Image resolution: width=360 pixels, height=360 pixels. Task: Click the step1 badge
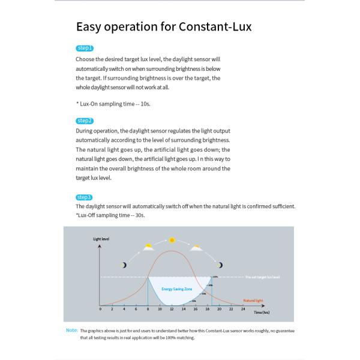tap(85, 48)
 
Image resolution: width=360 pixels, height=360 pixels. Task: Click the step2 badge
tap(85, 121)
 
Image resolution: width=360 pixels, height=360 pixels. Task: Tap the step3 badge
tap(85, 197)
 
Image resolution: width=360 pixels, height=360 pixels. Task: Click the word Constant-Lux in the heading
tap(214, 27)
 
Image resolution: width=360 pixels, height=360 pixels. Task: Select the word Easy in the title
tap(91, 27)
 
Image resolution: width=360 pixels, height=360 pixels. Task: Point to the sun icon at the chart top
tap(172, 240)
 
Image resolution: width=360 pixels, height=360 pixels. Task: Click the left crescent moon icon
tap(124, 265)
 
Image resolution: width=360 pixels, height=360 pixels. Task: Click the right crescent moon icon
tap(220, 265)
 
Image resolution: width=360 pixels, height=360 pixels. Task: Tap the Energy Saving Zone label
tap(176, 289)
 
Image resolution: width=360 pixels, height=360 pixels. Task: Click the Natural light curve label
tap(253, 299)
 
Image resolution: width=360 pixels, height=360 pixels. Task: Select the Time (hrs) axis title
tap(262, 313)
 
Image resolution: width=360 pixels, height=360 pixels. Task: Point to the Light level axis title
tap(101, 239)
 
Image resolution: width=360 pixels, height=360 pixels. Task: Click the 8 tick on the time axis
tap(148, 310)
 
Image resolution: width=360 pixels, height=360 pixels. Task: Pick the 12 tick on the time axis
tap(172, 310)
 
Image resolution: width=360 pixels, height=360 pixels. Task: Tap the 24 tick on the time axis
tap(242, 310)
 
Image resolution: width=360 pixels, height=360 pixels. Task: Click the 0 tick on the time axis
tap(100, 310)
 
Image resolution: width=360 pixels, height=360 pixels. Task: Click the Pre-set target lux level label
tap(263, 277)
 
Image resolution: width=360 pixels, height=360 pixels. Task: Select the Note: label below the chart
tap(72, 330)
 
